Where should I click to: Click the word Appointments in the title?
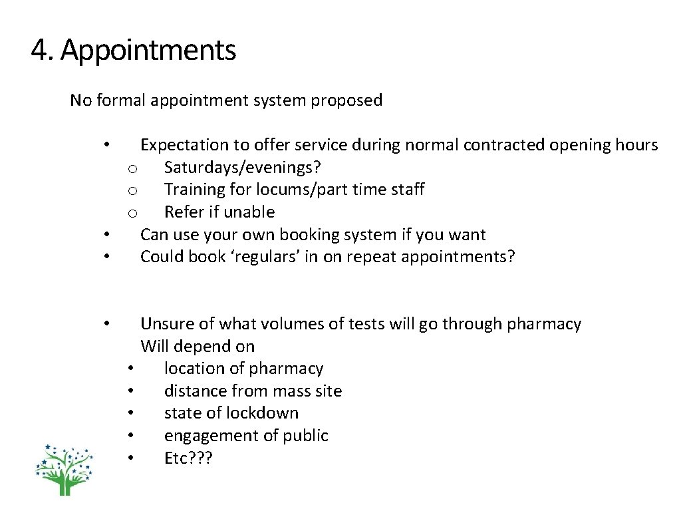click(148, 51)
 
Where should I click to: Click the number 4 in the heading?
click(39, 51)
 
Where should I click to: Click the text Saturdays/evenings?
click(243, 167)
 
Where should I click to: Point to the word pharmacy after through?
click(543, 324)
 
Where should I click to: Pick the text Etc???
click(188, 458)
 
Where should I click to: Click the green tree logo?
click(65, 469)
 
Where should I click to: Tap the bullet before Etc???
click(132, 458)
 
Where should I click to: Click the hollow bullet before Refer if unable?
click(132, 213)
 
